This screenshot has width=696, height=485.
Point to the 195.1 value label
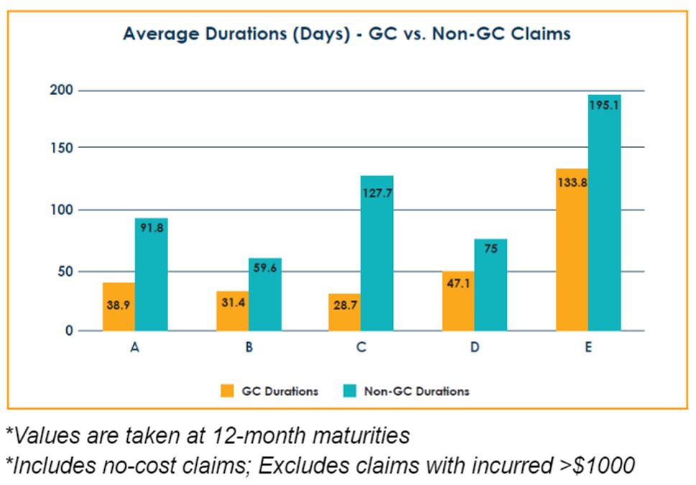click(x=604, y=104)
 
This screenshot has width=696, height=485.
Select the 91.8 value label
click(x=152, y=227)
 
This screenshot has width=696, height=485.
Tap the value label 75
click(x=491, y=250)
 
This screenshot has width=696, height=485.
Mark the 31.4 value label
click(x=233, y=303)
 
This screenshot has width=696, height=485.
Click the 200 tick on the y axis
click(x=67, y=90)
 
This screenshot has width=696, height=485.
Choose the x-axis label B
click(x=249, y=348)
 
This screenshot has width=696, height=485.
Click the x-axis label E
click(x=588, y=348)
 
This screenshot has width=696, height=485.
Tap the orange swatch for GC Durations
click(x=228, y=391)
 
